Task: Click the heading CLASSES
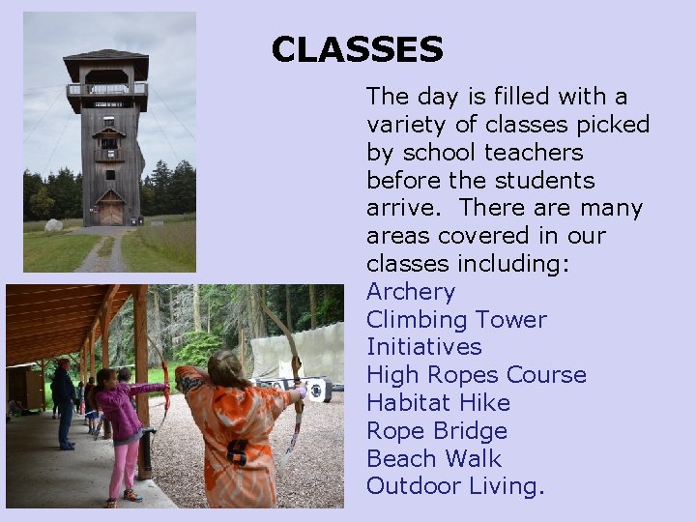pos(357,49)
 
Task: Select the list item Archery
pos(410,292)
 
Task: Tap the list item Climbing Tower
pos(456,320)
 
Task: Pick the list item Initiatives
pos(423,347)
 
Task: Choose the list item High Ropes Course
pos(476,375)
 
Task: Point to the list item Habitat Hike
pos(438,403)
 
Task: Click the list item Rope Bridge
pos(436,431)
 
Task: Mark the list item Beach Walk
pos(433,459)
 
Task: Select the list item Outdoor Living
pos(455,486)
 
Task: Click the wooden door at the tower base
pos(111,212)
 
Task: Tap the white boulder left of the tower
pos(54,226)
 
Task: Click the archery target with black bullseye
pos(316,390)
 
